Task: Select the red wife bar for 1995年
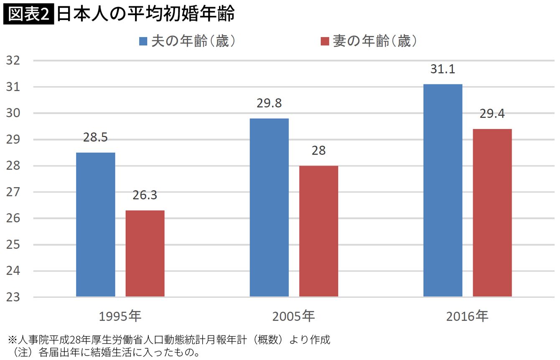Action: pyautogui.click(x=145, y=254)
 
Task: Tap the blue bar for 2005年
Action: pyautogui.click(x=269, y=208)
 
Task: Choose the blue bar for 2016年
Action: pyautogui.click(x=443, y=190)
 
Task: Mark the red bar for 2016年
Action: pyautogui.click(x=492, y=213)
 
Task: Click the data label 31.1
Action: pyautogui.click(x=443, y=70)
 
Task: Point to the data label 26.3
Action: pyautogui.click(x=145, y=195)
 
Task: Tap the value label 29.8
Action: pyautogui.click(x=269, y=104)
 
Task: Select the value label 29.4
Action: pyautogui.click(x=492, y=114)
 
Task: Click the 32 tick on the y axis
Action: pyautogui.click(x=13, y=61)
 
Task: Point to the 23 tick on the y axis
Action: pyautogui.click(x=13, y=297)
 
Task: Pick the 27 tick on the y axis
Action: pyautogui.click(x=13, y=192)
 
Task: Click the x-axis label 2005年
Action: pyautogui.click(x=293, y=317)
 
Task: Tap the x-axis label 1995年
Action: pyautogui.click(x=121, y=317)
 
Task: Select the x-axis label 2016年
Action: pyautogui.click(x=467, y=317)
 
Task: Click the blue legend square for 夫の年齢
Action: pyautogui.click(x=143, y=41)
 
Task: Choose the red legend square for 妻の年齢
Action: pyautogui.click(x=325, y=41)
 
